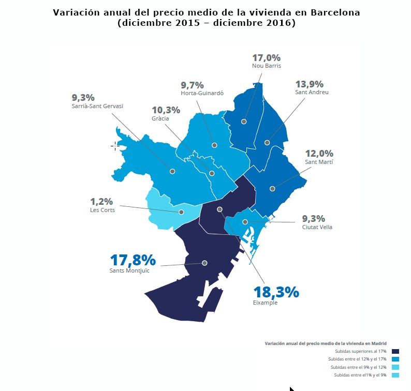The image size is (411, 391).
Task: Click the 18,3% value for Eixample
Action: click(276, 292)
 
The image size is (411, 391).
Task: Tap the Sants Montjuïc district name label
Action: click(129, 270)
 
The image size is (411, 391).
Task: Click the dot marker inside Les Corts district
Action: click(181, 212)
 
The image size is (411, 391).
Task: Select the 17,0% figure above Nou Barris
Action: click(266, 58)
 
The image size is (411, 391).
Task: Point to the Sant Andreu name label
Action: click(312, 93)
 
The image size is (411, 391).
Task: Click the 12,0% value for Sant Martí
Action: click(319, 154)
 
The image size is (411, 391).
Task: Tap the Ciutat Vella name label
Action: click(317, 227)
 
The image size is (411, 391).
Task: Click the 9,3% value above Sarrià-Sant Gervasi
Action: click(83, 97)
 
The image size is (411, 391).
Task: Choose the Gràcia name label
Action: click(160, 118)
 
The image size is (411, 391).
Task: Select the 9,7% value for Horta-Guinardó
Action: click(192, 85)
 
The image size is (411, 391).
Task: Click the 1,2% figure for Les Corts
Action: click(101, 202)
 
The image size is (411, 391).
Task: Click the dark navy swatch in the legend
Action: click(395, 351)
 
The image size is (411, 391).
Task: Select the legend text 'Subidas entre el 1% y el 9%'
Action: click(360, 375)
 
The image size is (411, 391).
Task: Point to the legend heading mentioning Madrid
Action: click(325, 343)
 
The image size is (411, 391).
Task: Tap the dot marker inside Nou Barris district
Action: click(244, 122)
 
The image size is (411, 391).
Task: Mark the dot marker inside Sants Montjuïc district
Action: click(204, 263)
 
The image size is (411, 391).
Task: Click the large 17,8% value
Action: click(133, 260)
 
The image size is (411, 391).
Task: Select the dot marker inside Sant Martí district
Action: click(272, 189)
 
